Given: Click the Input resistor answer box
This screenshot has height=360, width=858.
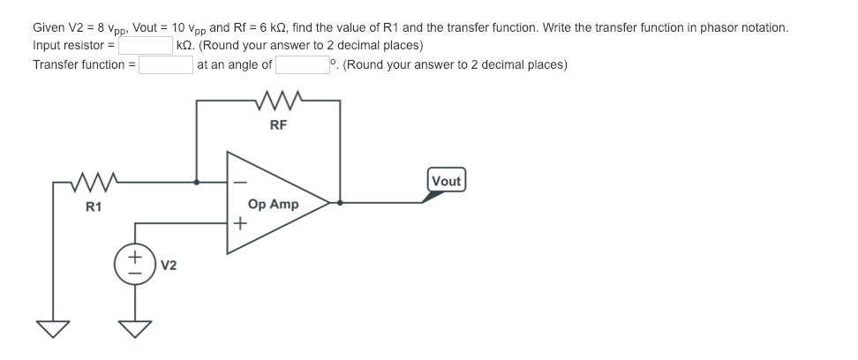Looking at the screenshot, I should pos(146,45).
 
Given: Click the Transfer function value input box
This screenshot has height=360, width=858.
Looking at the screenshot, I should pos(165,64).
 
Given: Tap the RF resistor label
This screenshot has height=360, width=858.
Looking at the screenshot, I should pos(278,124).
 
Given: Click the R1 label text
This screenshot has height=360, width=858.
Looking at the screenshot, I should pos(93,206).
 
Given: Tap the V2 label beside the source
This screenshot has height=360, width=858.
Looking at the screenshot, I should pos(169,265).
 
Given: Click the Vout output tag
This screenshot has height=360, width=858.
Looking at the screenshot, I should pos(446,181).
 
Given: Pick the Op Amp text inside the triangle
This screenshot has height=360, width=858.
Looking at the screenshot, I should pos(274,204).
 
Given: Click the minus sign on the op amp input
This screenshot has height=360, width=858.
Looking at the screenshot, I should pos(237,183).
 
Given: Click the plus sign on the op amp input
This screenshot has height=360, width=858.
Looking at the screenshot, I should pos(237,224).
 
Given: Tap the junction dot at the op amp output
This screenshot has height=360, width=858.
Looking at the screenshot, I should pos(340,202).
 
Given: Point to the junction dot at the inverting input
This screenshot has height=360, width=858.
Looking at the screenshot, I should pos(196,183).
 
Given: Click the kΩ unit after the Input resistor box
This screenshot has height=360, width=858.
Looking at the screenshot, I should pos(185,45).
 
